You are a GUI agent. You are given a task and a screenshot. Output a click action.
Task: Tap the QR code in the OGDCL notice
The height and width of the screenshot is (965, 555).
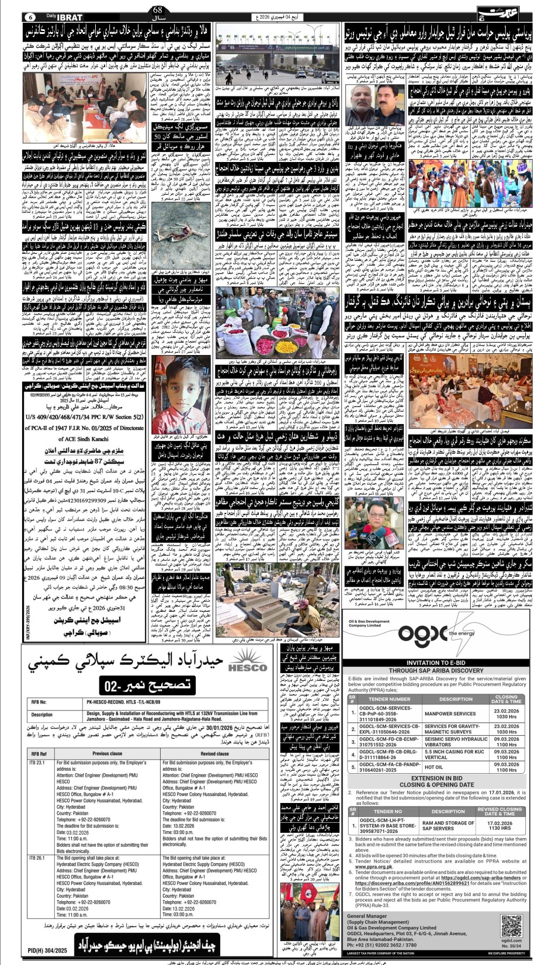point(511,925)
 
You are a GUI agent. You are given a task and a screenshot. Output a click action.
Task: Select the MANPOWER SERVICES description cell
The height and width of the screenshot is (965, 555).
point(450,714)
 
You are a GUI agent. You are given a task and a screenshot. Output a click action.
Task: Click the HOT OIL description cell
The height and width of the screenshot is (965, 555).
point(434,767)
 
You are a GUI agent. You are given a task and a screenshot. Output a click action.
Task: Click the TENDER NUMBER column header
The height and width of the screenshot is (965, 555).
point(389,699)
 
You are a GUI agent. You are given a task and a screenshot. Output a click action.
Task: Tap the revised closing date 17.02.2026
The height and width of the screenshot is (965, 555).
point(500,823)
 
